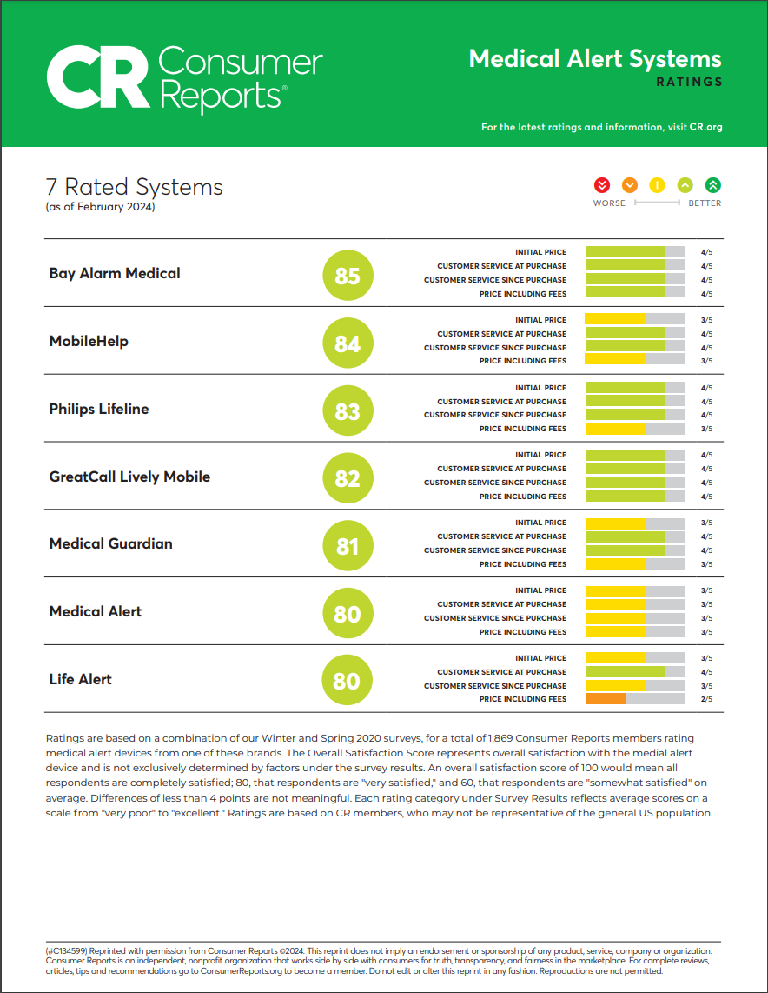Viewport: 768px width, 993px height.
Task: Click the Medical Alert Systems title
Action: tap(595, 59)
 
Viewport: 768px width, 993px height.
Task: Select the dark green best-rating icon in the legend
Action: tap(713, 184)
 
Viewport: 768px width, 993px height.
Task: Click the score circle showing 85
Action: tap(347, 276)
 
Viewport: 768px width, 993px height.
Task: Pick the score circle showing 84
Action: tap(347, 343)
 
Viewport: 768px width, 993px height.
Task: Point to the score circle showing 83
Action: tap(347, 410)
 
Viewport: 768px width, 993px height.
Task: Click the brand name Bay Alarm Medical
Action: tap(115, 273)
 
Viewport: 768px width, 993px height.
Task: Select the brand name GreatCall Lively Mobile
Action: tap(129, 477)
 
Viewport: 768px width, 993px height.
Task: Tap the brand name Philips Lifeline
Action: tap(99, 409)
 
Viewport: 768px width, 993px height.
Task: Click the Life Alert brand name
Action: tap(80, 679)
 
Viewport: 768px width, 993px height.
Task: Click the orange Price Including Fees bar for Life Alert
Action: tap(606, 699)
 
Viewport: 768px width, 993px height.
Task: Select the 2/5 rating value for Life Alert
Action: tap(706, 699)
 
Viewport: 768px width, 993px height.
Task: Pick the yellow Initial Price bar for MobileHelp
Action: tap(615, 320)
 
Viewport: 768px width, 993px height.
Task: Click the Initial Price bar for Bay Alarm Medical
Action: tap(626, 252)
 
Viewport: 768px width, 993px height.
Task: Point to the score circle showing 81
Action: tap(347, 546)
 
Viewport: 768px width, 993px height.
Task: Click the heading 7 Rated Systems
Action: tap(134, 187)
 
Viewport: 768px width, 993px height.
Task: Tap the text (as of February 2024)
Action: tap(100, 207)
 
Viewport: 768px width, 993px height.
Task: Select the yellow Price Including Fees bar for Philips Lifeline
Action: tap(616, 429)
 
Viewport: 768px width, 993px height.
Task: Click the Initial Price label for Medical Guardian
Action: tap(540, 523)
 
